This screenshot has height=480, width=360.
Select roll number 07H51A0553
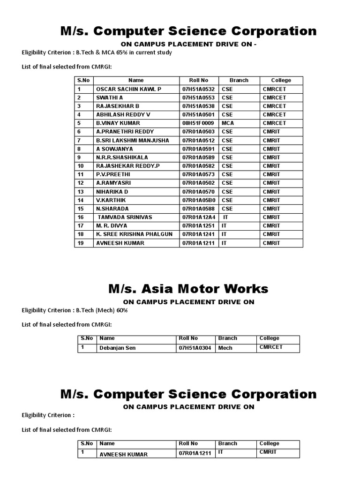pos(198,97)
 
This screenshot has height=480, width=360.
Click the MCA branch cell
pos(228,123)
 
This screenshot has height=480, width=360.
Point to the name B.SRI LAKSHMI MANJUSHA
pos(133,140)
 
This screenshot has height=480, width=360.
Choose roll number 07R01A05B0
pos(198,200)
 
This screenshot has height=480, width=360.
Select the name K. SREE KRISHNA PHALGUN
pos(135,234)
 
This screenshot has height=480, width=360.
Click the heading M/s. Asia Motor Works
pos(188,288)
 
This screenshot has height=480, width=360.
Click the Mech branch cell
pos(225,348)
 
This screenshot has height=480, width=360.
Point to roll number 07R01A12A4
pos(198,217)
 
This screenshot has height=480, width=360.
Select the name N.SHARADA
pos(112,209)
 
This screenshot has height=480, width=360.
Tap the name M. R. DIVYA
pos(112,225)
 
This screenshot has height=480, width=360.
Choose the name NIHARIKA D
pos(112,192)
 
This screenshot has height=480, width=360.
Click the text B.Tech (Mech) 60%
pos(105,311)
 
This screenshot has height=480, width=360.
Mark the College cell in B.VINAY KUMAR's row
pos(274,123)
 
